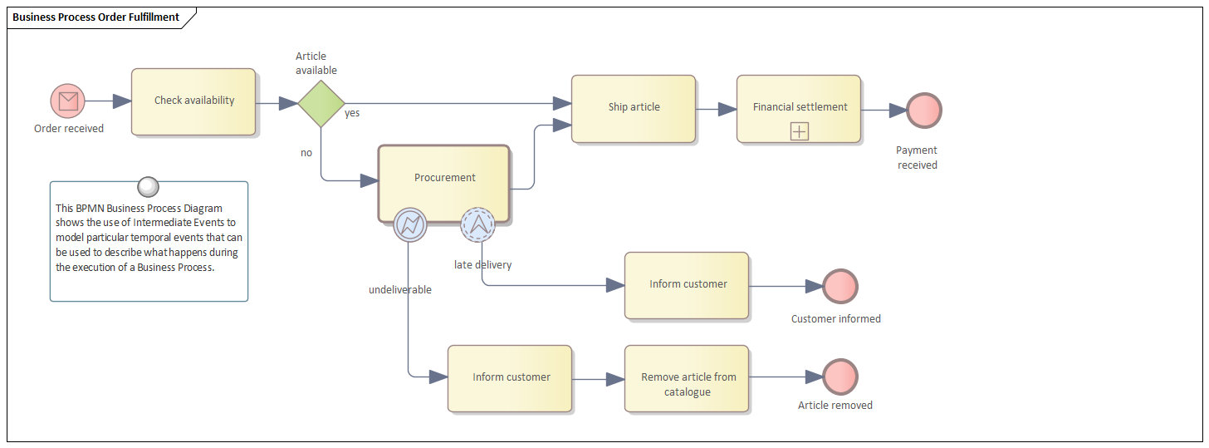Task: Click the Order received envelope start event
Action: coord(68,101)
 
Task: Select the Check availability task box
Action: coord(193,101)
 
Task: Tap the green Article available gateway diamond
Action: coord(321,103)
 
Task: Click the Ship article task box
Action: coord(633,108)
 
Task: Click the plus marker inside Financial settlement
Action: coord(799,131)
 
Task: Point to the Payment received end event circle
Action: coord(923,110)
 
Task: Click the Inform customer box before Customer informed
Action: coord(687,285)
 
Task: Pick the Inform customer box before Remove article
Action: coord(510,378)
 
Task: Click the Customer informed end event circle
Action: coord(839,286)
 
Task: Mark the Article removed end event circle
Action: coord(839,377)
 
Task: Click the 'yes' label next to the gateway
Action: coord(352,113)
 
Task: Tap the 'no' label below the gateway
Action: coord(306,153)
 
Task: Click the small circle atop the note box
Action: coord(148,187)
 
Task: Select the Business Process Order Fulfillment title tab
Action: coord(95,17)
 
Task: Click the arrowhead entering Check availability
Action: coord(122,101)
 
